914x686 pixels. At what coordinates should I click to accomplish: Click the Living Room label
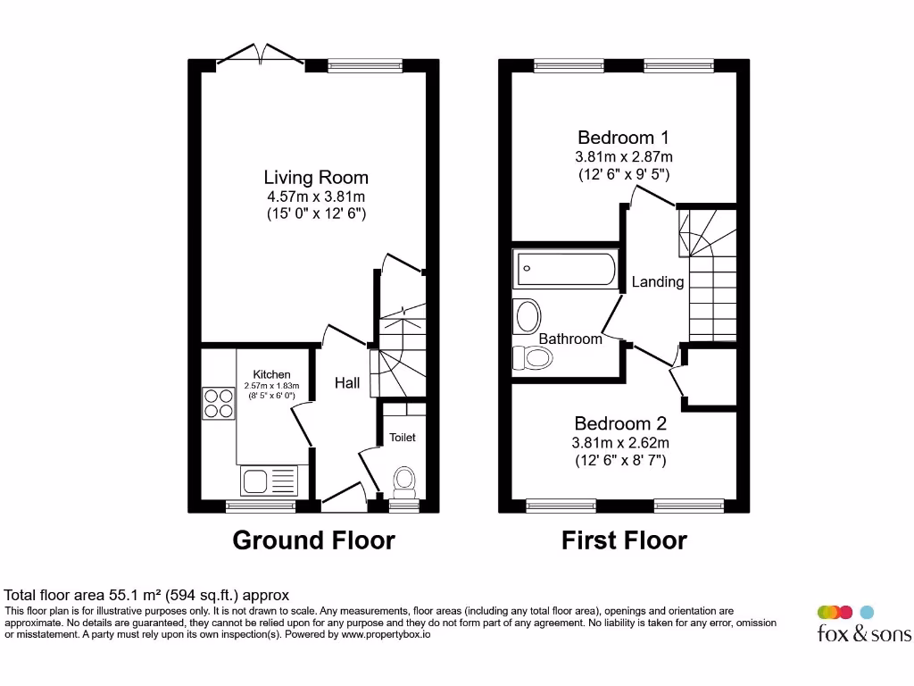(315, 177)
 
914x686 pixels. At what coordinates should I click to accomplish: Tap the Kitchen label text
(271, 374)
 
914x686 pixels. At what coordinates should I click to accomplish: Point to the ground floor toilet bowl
(404, 481)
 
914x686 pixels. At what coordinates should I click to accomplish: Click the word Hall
(347, 383)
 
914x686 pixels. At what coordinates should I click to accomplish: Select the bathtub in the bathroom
(566, 269)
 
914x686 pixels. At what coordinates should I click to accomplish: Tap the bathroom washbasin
(528, 316)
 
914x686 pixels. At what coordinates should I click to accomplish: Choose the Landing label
(658, 282)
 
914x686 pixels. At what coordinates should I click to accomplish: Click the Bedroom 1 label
(623, 138)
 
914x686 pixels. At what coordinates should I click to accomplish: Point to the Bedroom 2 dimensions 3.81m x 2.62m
(621, 443)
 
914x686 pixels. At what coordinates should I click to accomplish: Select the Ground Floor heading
(313, 540)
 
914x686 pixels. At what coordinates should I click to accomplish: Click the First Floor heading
(624, 540)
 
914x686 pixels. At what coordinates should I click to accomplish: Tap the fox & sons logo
(863, 624)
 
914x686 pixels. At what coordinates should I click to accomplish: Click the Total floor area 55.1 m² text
(147, 595)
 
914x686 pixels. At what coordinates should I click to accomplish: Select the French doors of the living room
(260, 55)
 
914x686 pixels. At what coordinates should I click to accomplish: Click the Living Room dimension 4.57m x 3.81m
(316, 197)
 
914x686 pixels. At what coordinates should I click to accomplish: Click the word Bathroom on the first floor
(570, 339)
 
